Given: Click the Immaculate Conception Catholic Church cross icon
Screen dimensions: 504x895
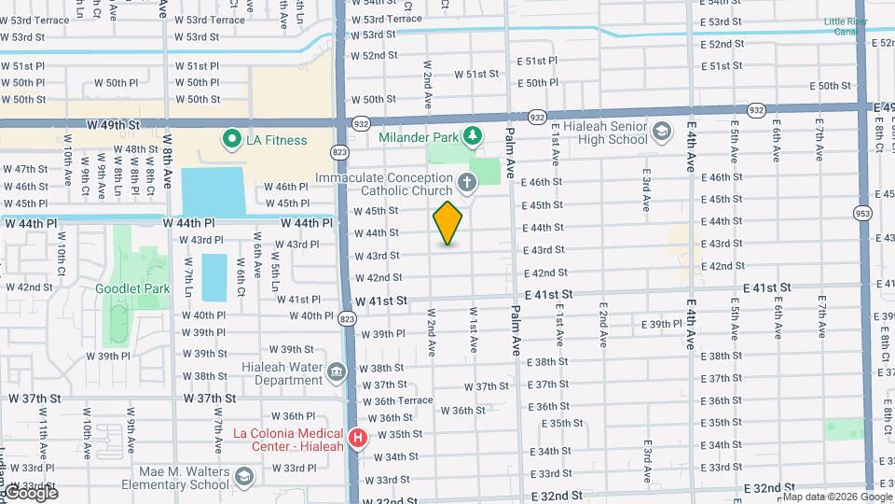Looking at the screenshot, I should (x=465, y=179).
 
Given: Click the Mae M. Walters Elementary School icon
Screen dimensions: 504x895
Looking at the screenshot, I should (x=243, y=478).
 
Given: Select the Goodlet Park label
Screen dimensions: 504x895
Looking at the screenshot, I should (x=132, y=288).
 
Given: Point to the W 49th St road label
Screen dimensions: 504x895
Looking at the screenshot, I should (x=113, y=124).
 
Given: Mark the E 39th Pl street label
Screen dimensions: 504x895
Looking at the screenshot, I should (x=663, y=324).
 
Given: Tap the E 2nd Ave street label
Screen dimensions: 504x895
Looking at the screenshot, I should (x=604, y=321).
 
